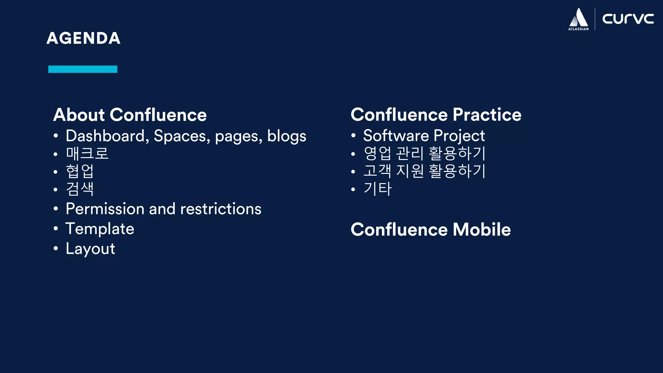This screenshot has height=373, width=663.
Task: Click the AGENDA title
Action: tap(84, 38)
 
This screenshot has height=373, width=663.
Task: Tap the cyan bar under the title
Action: tap(83, 69)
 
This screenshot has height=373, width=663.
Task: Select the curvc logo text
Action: tap(628, 19)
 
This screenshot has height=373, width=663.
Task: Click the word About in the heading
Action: tap(79, 115)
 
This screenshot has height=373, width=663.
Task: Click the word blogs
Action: tap(287, 136)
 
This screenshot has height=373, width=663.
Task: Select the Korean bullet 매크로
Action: tap(87, 153)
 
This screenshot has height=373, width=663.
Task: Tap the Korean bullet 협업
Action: tap(80, 171)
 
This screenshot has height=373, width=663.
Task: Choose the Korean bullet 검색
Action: tap(80, 189)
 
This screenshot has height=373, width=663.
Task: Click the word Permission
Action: tap(105, 209)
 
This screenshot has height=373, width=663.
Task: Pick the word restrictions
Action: tap(220, 209)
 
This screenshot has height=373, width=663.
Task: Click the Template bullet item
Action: tap(100, 229)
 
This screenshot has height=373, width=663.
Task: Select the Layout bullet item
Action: tap(90, 249)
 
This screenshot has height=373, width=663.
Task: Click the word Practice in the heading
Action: tap(487, 115)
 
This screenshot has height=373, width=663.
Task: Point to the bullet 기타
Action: tap(377, 188)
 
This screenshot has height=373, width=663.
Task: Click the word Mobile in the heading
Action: tap(481, 230)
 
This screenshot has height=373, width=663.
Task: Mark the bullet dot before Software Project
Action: tap(353, 136)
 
